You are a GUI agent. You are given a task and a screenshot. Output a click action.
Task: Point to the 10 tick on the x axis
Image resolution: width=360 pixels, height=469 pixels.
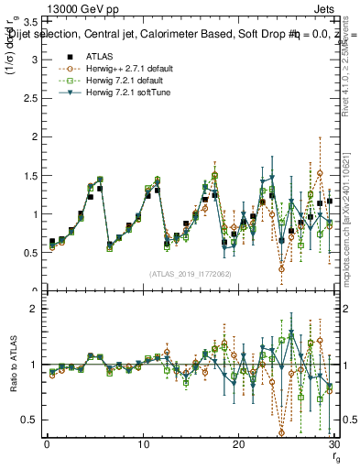coord(143,444)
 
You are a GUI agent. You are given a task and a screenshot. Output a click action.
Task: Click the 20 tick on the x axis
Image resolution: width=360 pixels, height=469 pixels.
coord(238,444)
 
